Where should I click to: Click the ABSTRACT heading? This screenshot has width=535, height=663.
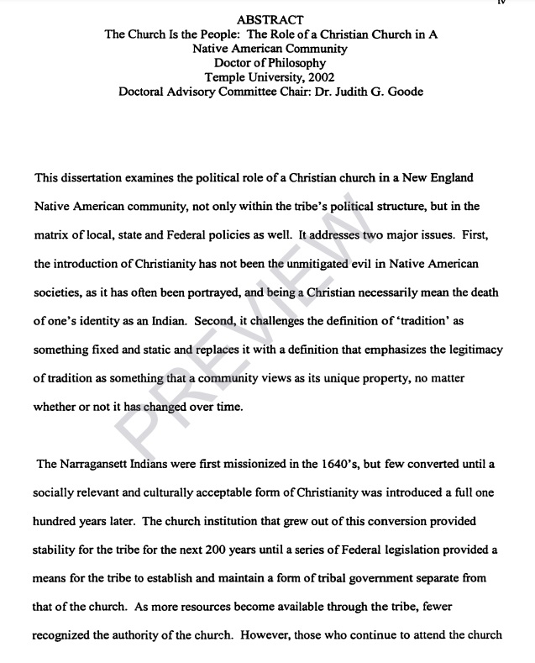coord(270,19)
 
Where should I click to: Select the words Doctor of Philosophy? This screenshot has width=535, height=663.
coord(270,63)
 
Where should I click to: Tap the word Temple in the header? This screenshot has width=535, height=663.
coord(224,77)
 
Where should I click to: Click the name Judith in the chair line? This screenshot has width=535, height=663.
coord(357,92)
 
